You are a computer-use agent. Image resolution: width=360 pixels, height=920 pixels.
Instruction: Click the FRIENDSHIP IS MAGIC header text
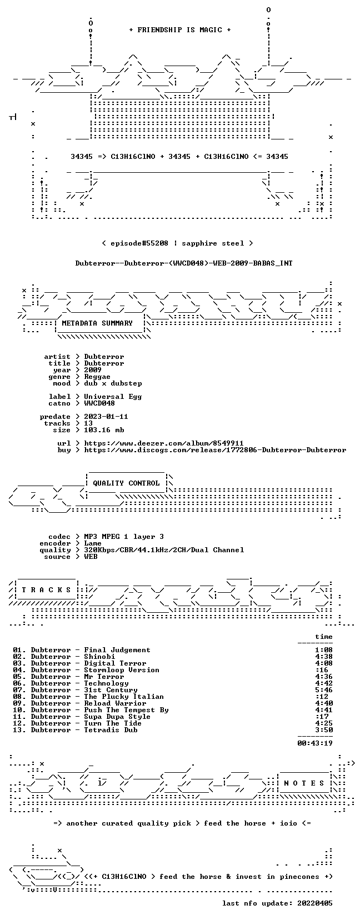(x=180, y=30)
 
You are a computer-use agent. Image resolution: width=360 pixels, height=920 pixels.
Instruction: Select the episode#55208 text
(x=139, y=243)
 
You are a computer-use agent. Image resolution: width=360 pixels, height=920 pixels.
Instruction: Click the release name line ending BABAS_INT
(x=184, y=263)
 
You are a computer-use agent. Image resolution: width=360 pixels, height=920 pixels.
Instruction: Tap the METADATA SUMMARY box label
(x=97, y=323)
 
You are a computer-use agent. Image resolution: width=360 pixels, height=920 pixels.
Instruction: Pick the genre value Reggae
(x=97, y=377)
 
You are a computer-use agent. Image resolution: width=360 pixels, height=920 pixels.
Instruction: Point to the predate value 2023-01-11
(x=106, y=417)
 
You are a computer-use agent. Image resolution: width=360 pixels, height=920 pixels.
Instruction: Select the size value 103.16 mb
(x=104, y=430)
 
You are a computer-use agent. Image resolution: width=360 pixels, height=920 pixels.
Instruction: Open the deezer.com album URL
(x=164, y=443)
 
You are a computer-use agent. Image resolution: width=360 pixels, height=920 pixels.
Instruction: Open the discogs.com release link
(x=215, y=450)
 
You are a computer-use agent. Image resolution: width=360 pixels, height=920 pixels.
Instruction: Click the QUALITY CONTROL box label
(x=126, y=483)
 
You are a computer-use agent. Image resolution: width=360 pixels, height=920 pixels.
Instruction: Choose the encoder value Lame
(x=93, y=543)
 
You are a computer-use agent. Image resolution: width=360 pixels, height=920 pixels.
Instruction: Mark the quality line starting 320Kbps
(x=164, y=550)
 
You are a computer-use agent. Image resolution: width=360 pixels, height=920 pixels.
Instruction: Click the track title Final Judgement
(x=117, y=650)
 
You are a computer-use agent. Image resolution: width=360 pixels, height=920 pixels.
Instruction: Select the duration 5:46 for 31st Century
(x=324, y=690)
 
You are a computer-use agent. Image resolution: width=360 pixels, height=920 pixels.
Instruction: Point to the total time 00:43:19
(x=315, y=743)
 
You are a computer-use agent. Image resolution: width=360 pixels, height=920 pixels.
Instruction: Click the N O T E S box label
(x=304, y=783)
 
